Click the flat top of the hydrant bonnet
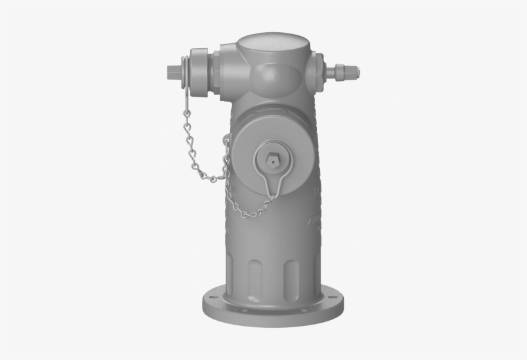[272, 46]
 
